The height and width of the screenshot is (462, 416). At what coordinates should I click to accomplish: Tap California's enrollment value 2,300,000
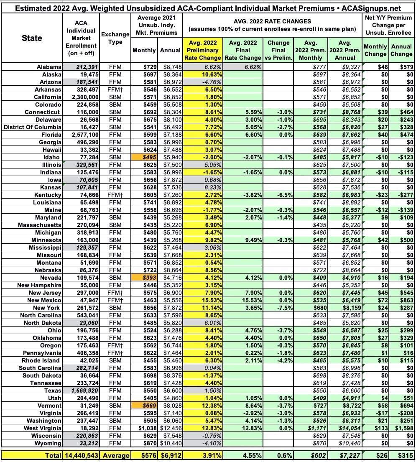click(x=82, y=97)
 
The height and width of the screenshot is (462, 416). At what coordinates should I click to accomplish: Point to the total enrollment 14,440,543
click(x=82, y=455)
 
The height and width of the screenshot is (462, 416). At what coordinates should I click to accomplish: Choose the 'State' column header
click(x=32, y=38)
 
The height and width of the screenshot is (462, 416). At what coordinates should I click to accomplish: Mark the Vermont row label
click(x=49, y=406)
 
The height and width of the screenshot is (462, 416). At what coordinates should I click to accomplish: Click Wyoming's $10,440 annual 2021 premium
click(x=171, y=443)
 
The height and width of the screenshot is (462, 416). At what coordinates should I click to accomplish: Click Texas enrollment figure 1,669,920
click(x=82, y=391)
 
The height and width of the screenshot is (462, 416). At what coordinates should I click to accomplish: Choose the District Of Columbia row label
click(x=32, y=127)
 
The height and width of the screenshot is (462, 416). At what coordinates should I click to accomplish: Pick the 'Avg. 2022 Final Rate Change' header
click(x=243, y=50)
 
